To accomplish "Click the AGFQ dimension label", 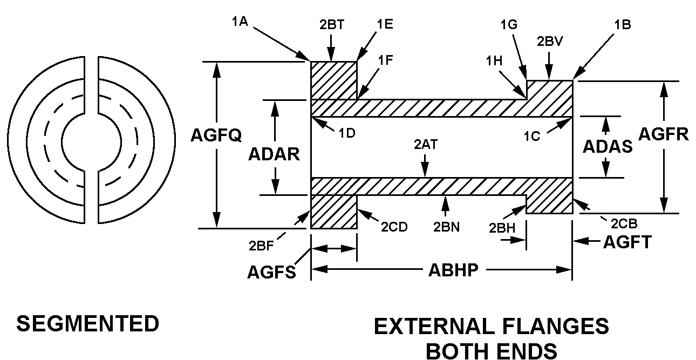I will [x=216, y=135].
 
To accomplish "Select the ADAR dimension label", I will [x=274, y=154].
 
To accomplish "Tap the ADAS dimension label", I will [x=608, y=146].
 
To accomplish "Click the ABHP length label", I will [x=453, y=270].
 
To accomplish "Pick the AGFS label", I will [x=271, y=272].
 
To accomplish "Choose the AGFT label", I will [x=627, y=242].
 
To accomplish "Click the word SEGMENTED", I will [x=88, y=324].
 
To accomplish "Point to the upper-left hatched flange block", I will [x=333, y=80].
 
